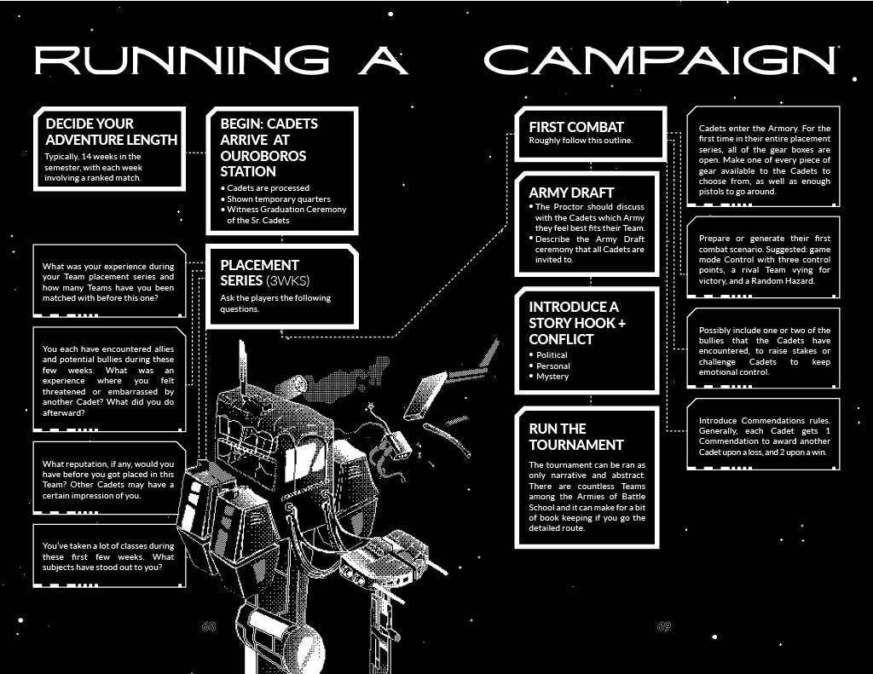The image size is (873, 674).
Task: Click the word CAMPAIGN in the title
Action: [660, 60]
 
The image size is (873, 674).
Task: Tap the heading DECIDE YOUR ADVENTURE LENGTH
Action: [112, 131]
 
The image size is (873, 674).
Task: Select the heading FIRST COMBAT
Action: [576, 127]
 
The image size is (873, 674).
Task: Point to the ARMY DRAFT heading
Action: [571, 193]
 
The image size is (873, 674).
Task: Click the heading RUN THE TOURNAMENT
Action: [576, 437]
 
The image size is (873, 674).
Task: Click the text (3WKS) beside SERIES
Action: [288, 280]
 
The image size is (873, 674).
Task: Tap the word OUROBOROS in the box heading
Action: [263, 156]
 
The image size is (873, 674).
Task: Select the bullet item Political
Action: [552, 355]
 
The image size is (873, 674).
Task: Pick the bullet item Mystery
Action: [552, 377]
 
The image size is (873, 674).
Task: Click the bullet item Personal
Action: [552, 366]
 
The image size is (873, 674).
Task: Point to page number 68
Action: [209, 626]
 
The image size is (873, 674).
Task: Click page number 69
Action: [663, 626]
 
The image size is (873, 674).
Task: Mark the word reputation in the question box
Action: [92, 464]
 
